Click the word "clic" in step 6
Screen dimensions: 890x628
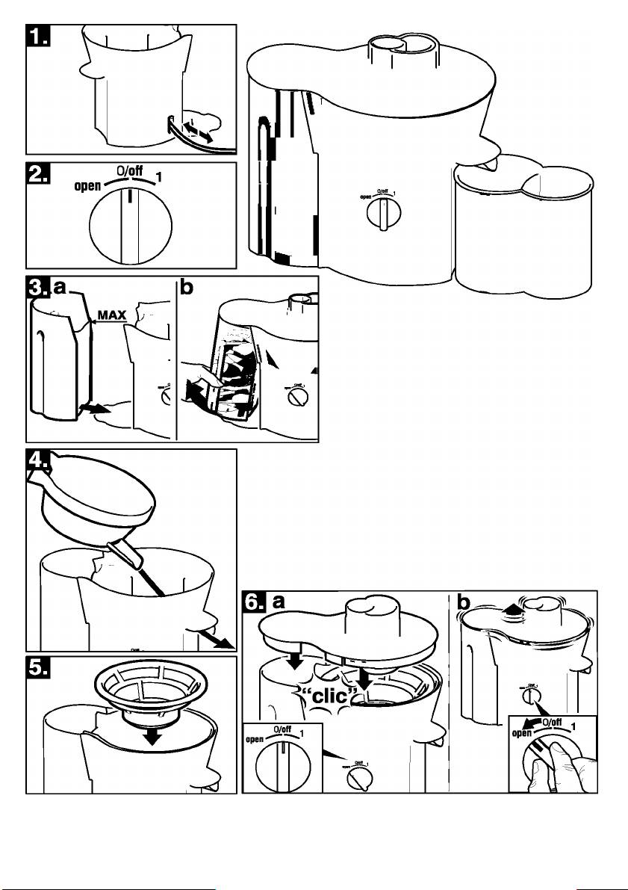point(320,693)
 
